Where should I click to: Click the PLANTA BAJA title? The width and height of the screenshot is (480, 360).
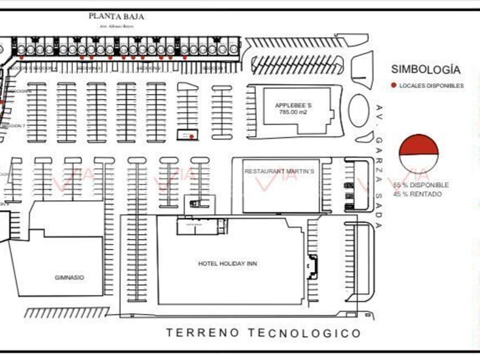116,17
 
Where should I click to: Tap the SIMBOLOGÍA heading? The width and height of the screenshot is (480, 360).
425,70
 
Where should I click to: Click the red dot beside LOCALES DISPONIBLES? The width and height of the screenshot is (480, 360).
394,86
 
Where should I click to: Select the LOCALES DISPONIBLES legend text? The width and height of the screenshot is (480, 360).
431,86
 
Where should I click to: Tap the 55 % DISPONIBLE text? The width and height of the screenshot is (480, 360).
421,185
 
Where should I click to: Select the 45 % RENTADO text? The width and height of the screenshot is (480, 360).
417,194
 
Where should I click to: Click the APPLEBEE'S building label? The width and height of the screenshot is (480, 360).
293,106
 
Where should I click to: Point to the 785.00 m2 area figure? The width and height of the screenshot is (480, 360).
293,113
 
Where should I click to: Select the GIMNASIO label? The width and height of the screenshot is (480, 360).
69,278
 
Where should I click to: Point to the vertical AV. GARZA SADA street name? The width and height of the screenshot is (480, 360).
379,166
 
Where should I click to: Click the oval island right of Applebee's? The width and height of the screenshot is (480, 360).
358,110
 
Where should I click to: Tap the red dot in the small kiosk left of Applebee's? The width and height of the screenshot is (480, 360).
191,137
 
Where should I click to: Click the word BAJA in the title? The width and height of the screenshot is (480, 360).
133,17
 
